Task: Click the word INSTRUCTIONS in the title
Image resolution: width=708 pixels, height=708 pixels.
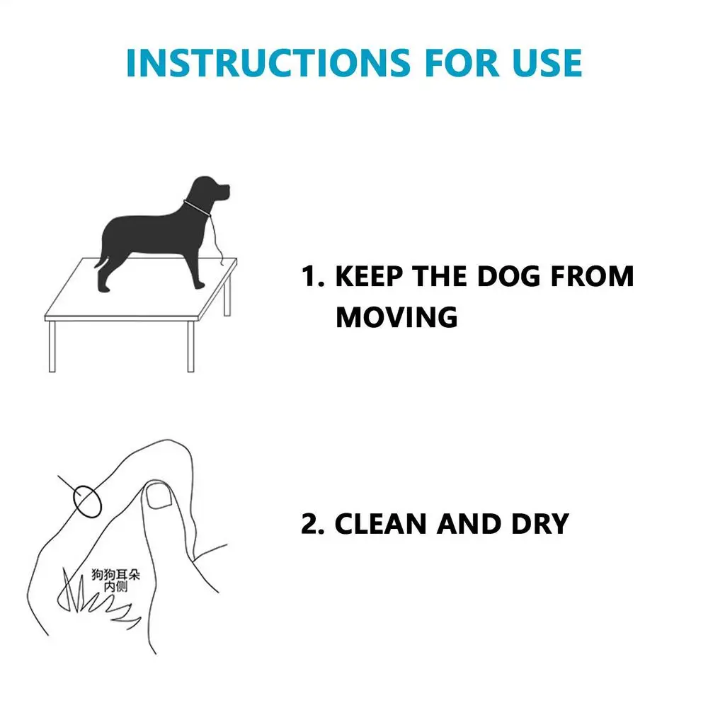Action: (268, 62)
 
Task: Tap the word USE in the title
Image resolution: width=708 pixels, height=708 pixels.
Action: (547, 62)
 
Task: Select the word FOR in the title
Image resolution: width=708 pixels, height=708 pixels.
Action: (462, 62)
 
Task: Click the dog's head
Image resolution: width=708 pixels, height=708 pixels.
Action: (210, 190)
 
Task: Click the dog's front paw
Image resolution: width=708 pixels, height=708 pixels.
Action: (199, 285)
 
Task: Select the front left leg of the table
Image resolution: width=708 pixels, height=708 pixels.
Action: (52, 346)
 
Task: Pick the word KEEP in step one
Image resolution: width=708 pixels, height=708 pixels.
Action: (369, 276)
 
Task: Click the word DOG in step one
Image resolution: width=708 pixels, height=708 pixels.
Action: (508, 276)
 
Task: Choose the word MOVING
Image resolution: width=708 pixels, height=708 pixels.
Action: (396, 317)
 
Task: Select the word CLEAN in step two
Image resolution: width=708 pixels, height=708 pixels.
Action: (380, 524)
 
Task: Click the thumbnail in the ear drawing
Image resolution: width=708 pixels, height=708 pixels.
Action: (159, 495)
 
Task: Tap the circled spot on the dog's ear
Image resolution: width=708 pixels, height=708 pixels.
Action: (87, 502)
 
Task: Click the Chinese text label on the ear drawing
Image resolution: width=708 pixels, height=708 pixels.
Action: (115, 581)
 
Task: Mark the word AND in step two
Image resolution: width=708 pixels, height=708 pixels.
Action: (469, 524)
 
